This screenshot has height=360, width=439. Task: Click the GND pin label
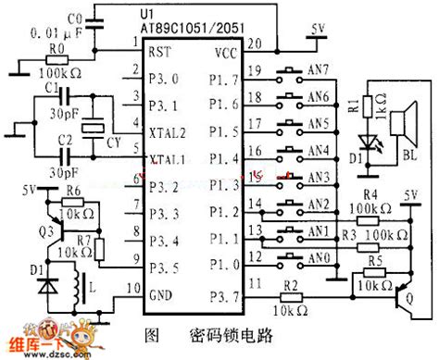160,294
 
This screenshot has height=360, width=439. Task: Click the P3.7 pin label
223,295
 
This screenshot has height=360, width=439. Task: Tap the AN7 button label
318,68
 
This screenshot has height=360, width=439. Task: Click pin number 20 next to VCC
255,42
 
